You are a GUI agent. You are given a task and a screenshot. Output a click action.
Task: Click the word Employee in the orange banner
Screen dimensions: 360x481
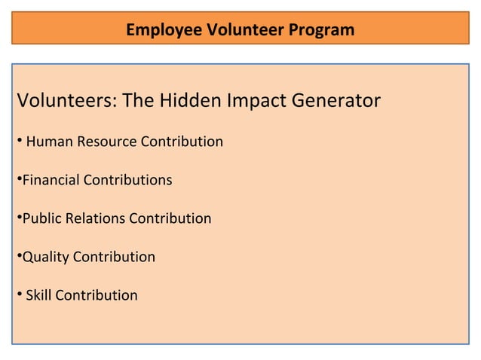[158, 31]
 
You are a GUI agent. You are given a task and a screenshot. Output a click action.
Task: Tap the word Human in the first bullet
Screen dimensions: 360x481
[46, 142]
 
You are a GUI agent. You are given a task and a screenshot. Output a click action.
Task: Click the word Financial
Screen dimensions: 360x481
[51, 181]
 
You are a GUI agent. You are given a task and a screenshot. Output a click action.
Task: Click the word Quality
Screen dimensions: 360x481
[45, 258]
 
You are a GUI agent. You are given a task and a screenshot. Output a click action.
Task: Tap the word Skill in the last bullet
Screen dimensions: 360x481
[38, 295]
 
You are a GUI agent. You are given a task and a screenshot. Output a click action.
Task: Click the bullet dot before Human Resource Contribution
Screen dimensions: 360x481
[18, 141]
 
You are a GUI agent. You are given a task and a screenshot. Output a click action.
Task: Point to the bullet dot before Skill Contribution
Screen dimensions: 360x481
[18, 294]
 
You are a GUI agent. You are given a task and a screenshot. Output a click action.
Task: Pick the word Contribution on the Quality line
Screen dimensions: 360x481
[114, 258]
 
